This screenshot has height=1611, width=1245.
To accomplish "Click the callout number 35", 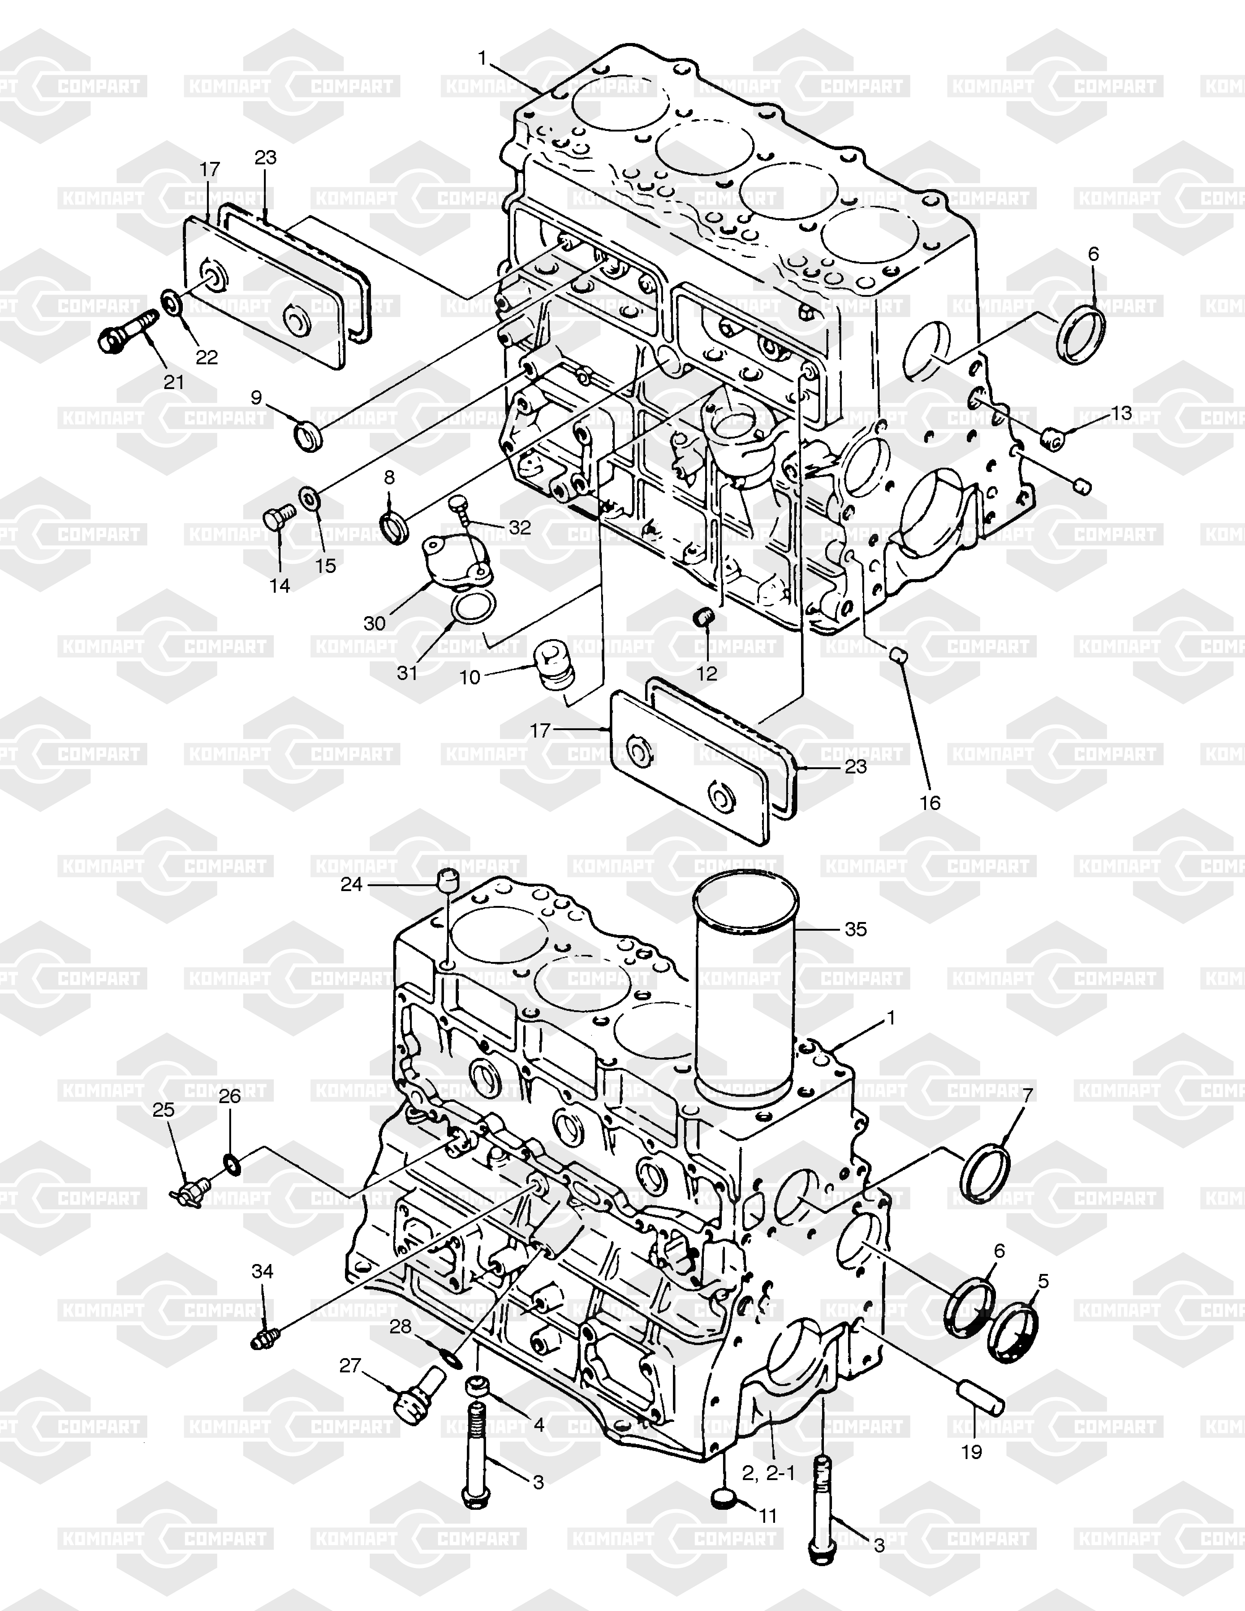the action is click(855, 929).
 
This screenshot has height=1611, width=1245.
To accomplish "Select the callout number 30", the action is click(375, 623).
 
